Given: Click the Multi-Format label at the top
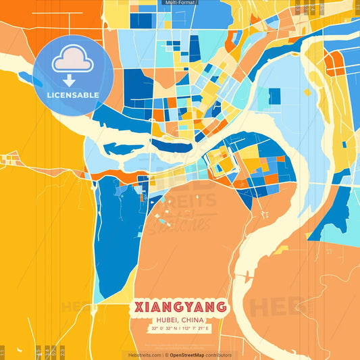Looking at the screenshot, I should (x=180, y=3).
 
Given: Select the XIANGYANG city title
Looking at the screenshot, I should (x=180, y=308).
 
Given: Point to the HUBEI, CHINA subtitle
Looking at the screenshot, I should (x=180, y=320).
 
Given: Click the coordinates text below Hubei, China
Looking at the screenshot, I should (x=180, y=329).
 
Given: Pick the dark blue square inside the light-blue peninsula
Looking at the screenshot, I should (x=274, y=96).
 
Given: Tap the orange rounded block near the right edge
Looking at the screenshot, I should (x=334, y=64).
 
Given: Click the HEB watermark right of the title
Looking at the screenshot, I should (x=270, y=307).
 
